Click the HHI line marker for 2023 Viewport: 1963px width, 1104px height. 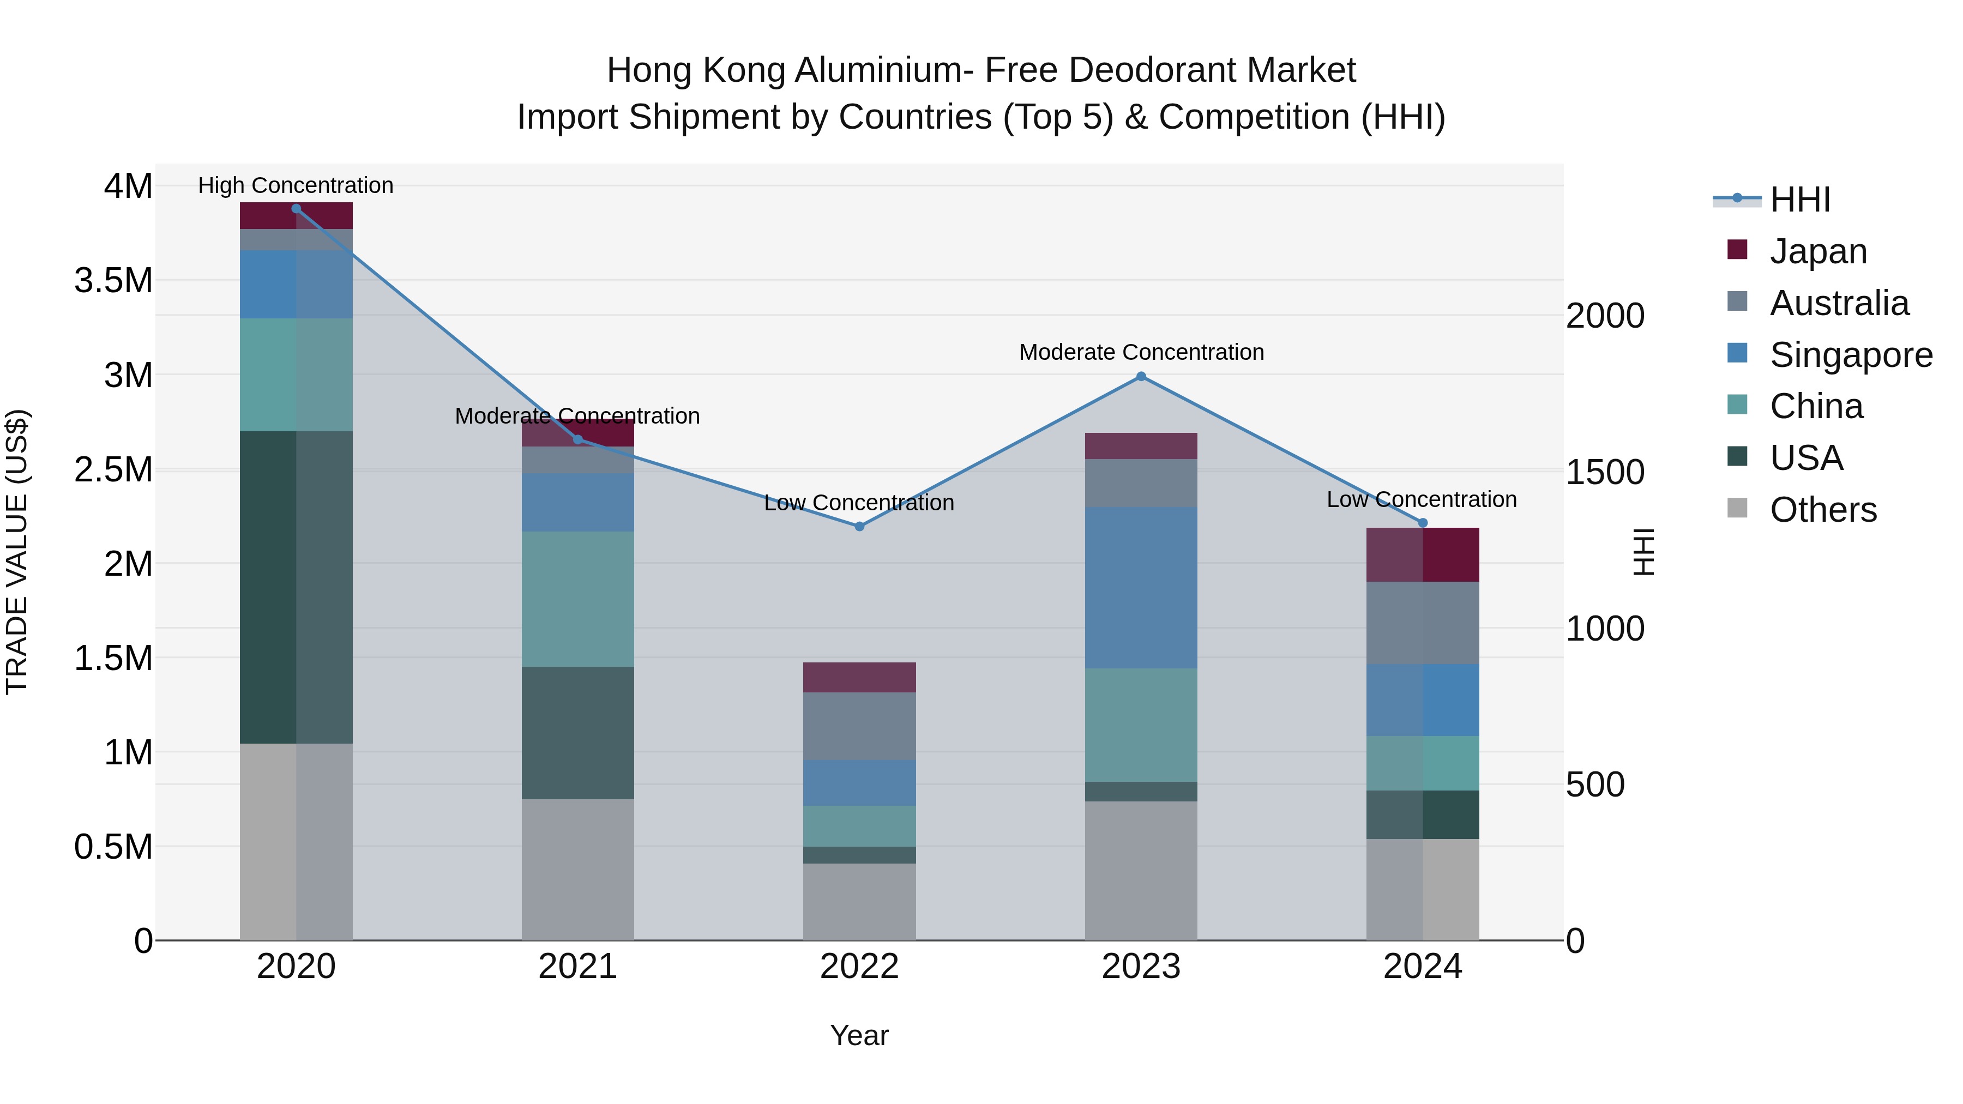(x=1141, y=376)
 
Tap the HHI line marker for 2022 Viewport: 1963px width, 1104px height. (x=859, y=527)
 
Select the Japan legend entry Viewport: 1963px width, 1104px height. (x=1817, y=251)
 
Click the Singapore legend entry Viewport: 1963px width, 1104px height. (x=1850, y=355)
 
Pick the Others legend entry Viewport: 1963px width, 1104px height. (x=1823, y=510)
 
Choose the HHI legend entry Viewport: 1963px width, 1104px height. (x=1799, y=200)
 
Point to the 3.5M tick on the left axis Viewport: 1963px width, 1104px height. (x=113, y=280)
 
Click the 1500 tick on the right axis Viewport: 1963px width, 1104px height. (x=1604, y=472)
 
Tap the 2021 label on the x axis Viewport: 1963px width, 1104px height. (x=577, y=967)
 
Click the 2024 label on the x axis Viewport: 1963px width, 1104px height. (x=1422, y=967)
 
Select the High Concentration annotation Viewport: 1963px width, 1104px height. (x=296, y=185)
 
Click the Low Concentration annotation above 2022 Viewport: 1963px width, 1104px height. (x=859, y=503)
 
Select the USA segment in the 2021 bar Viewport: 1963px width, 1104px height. (x=577, y=732)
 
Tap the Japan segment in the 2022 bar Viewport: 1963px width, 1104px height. (x=859, y=677)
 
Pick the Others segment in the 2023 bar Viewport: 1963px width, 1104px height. (x=1141, y=870)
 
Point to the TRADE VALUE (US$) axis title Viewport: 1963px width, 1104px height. (x=17, y=552)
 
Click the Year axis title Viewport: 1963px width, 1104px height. (x=859, y=1035)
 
